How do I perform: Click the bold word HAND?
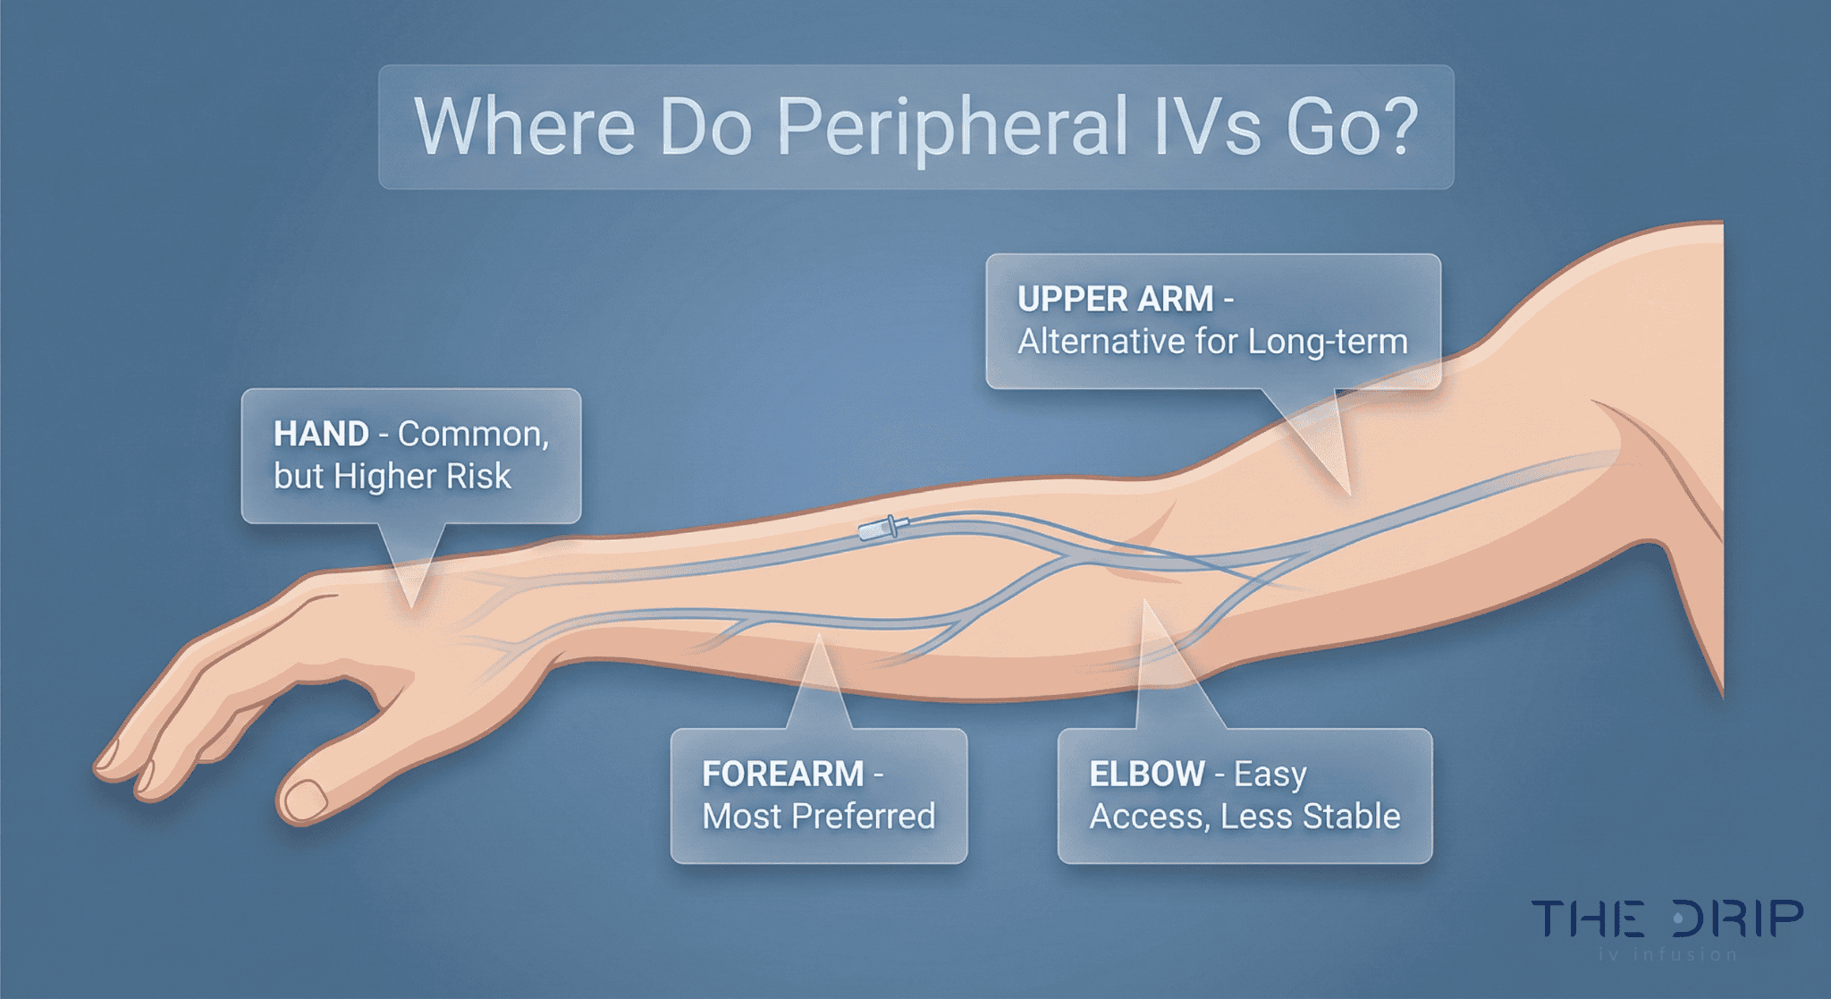tap(321, 435)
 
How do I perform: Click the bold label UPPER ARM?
tap(1115, 300)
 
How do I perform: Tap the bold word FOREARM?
tap(782, 775)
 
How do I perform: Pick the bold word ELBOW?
tap(1147, 775)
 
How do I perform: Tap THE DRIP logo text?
tap(1667, 919)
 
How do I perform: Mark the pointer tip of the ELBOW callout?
tap(1145, 604)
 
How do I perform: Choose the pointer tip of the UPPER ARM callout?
tap(1347, 493)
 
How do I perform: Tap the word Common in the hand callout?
tap(473, 435)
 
